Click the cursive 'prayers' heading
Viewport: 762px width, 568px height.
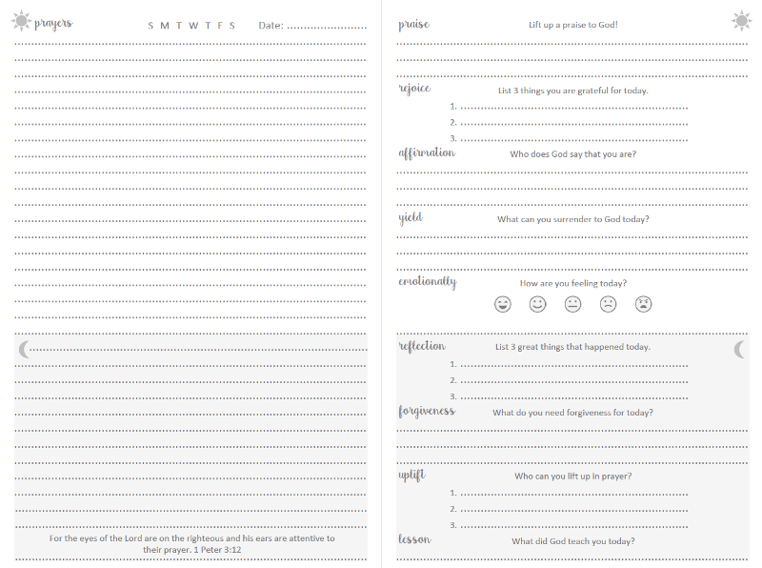[x=53, y=23]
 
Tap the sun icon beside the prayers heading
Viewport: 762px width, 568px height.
[x=21, y=21]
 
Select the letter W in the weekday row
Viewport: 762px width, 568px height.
[x=192, y=25]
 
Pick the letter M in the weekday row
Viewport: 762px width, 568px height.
[x=165, y=25]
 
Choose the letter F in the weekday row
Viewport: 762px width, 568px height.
[x=219, y=25]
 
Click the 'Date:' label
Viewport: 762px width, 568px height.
[x=271, y=25]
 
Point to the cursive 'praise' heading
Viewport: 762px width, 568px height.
[x=413, y=24]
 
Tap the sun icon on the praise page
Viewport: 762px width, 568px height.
[x=741, y=20]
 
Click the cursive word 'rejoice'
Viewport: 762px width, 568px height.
[x=414, y=89]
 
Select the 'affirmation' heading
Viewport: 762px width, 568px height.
[x=427, y=152]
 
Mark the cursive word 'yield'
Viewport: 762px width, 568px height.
[x=411, y=217]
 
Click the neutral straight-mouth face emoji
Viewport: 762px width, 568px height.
[x=573, y=304]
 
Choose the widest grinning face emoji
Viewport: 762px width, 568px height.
[x=503, y=304]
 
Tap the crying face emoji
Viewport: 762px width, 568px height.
[x=644, y=304]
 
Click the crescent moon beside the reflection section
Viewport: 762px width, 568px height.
[x=739, y=350]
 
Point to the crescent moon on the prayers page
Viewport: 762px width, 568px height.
[x=24, y=350]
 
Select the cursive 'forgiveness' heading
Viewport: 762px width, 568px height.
[x=427, y=412]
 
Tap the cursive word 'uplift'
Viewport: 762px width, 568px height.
[x=411, y=475]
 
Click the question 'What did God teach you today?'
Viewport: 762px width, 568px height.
[x=572, y=541]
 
